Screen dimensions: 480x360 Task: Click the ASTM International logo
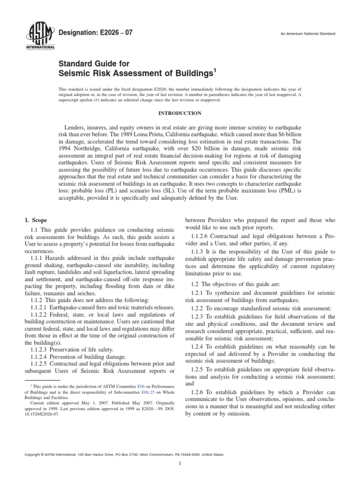pos(39,37)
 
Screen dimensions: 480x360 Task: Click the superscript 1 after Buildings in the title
pos(215,71)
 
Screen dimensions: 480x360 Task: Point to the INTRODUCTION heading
pos(180,113)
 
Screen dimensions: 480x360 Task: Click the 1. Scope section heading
pos(35,220)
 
